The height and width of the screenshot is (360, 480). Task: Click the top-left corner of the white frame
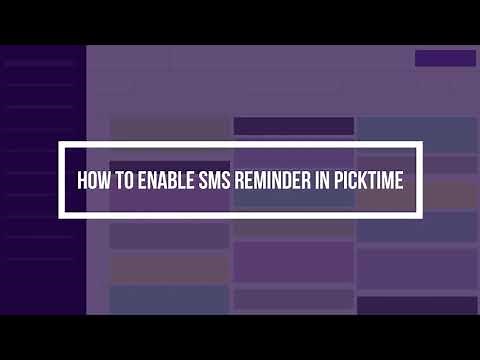click(x=61, y=144)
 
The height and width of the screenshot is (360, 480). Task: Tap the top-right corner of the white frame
click(x=419, y=144)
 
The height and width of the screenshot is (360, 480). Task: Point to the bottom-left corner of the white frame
click(x=61, y=214)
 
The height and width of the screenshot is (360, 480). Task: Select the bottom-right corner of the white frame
click(x=419, y=214)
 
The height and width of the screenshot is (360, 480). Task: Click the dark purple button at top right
click(x=444, y=58)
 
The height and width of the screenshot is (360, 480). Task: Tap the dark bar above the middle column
click(x=293, y=126)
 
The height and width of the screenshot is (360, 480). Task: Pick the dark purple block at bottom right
click(x=417, y=305)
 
